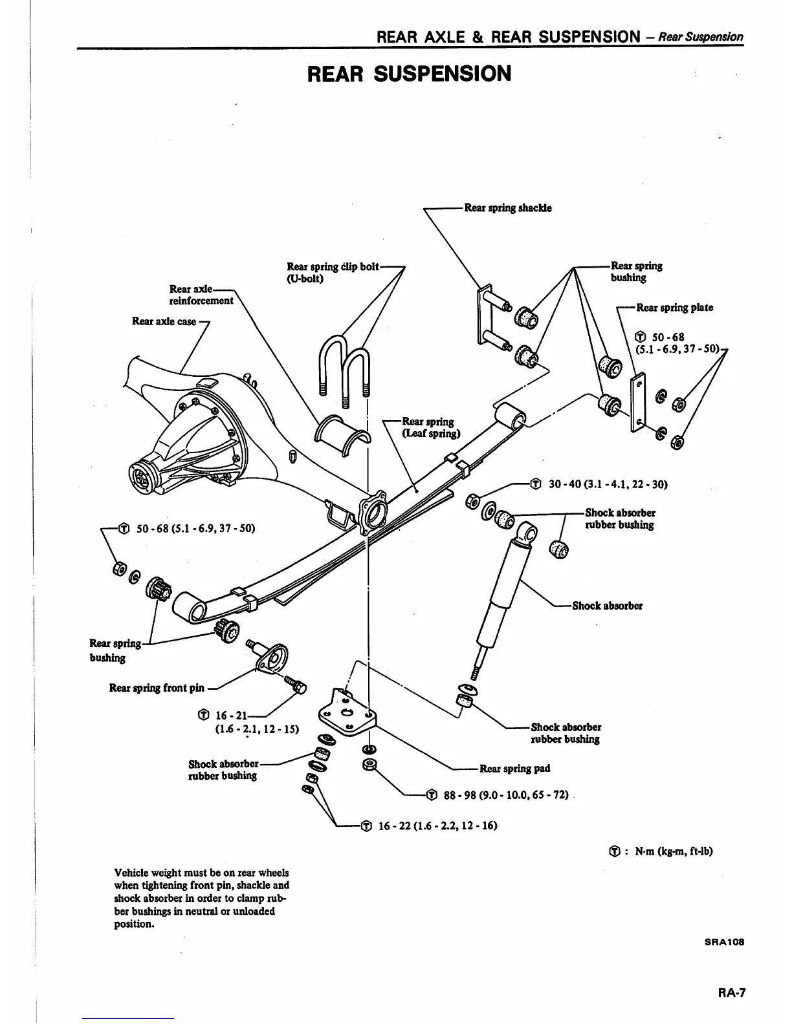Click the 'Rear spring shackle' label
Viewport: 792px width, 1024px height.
[508, 208]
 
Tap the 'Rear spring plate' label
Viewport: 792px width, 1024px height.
[674, 308]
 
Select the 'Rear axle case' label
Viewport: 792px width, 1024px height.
[164, 321]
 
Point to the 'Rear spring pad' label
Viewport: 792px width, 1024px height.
[514, 769]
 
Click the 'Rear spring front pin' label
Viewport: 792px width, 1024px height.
[157, 688]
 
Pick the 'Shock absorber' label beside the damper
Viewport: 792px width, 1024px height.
[607, 606]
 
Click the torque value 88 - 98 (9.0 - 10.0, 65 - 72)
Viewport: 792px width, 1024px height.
[505, 795]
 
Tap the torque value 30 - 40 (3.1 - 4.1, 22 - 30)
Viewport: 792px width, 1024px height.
[607, 484]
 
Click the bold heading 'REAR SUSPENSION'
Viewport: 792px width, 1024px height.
[409, 74]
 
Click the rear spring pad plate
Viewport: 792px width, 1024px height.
[346, 712]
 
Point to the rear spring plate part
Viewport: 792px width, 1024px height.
[637, 402]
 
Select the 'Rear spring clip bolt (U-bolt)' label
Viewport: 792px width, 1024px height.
[333, 272]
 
